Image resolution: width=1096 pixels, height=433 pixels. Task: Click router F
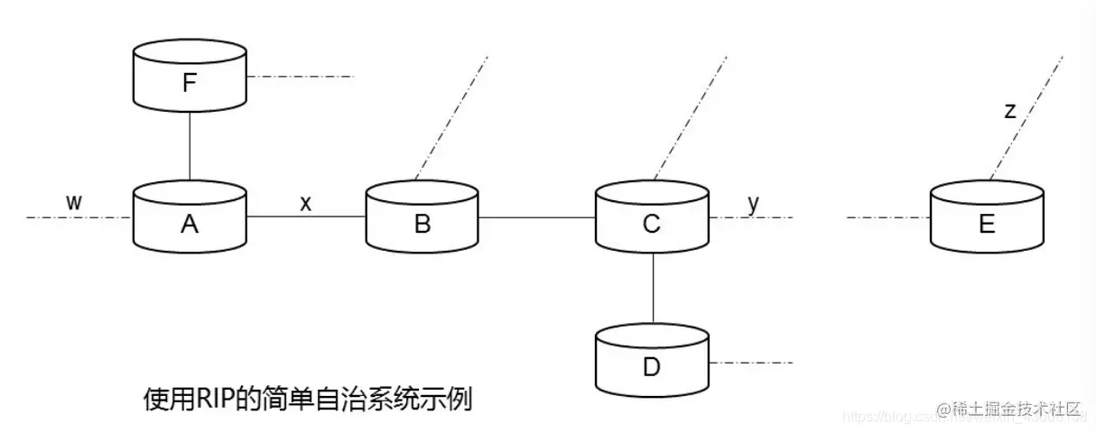[x=189, y=77]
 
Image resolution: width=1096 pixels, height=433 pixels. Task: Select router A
[x=189, y=217]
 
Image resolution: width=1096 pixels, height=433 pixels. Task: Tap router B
[x=422, y=217]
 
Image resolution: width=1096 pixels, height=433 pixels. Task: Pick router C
[x=651, y=217]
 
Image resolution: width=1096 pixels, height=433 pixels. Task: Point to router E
[x=987, y=217]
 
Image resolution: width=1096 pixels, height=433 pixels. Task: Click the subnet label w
[x=74, y=202]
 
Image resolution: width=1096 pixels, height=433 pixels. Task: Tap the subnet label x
[x=306, y=203]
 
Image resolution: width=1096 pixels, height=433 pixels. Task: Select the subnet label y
[x=753, y=202]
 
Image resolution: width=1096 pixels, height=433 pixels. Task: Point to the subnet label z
[x=1010, y=111]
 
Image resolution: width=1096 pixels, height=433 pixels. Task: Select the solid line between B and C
[x=536, y=217]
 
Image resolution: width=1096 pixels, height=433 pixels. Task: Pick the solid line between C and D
[x=651, y=289]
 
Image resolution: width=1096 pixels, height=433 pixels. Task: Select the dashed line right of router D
[x=751, y=363]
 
